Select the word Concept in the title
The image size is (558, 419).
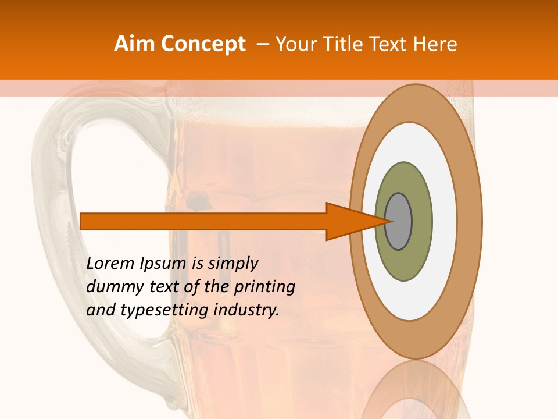pyautogui.click(x=203, y=44)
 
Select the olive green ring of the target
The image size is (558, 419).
pyautogui.click(x=404, y=265)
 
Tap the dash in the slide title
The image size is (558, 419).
pyautogui.click(x=263, y=44)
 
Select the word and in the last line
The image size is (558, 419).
pyautogui.click(x=100, y=310)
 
